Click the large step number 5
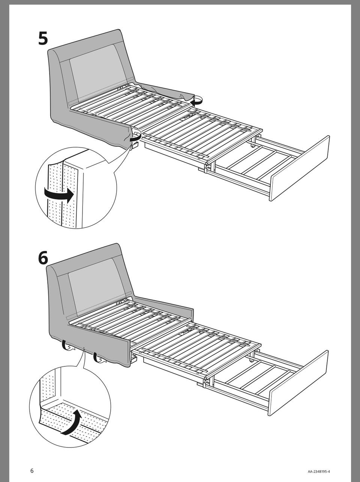pos(43,38)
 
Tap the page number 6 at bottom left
pos(32,471)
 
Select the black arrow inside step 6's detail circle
pos(71,422)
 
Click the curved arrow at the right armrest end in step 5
pos(197,100)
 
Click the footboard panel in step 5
pos(300,169)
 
